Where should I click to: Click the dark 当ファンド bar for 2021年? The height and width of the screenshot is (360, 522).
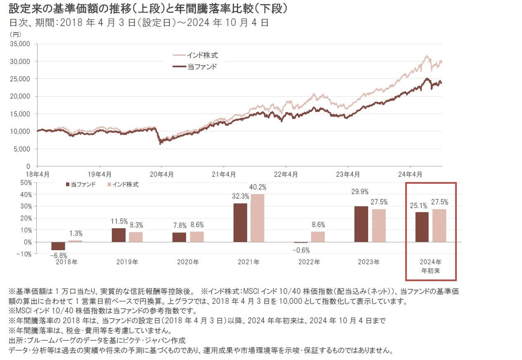(x=240, y=223)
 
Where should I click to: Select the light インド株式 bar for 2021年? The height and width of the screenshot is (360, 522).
(x=257, y=218)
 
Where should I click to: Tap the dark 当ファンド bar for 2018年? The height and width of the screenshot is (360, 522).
(x=58, y=246)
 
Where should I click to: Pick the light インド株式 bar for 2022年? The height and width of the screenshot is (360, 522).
(x=318, y=237)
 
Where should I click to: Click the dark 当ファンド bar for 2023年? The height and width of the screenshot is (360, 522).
(x=361, y=224)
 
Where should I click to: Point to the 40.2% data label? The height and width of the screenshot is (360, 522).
(x=258, y=187)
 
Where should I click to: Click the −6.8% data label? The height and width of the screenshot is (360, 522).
(x=58, y=255)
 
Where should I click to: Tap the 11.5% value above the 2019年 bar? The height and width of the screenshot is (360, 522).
(x=119, y=221)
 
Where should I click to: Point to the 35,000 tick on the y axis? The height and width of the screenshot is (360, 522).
(x=22, y=44)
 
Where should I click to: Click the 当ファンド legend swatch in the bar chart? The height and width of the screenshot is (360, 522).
(x=68, y=185)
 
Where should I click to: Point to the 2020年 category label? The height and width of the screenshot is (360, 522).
(x=188, y=262)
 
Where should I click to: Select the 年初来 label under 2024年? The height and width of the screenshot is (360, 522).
(x=430, y=270)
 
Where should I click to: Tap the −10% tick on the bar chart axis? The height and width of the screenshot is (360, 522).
(x=24, y=254)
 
